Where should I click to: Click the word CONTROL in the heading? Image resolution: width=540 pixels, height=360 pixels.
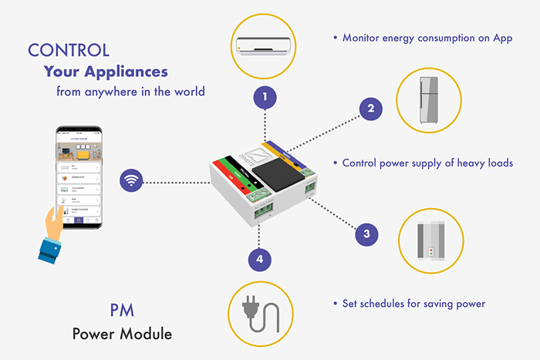coord(69,50)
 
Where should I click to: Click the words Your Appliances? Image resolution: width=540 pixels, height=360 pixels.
coord(106,72)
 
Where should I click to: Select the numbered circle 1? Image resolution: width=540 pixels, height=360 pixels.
coord(265,97)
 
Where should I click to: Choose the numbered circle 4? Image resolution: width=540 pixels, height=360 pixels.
coord(260,260)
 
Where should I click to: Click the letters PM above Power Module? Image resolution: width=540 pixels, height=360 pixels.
coord(122,312)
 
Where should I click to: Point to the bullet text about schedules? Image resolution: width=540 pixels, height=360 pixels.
coord(413,304)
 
